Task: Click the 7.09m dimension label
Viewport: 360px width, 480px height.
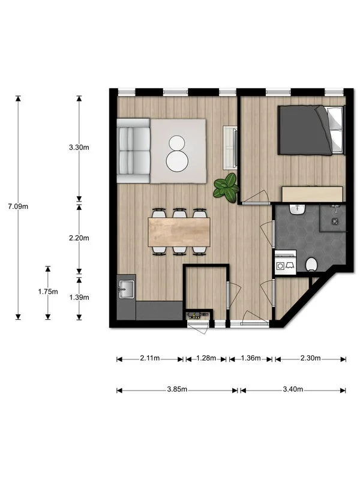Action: pos(18,206)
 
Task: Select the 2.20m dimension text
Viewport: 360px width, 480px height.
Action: pos(80,238)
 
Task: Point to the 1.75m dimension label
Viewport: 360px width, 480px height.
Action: pos(48,292)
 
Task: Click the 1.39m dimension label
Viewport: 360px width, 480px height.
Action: pos(80,297)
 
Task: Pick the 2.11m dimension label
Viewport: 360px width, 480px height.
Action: pos(149,359)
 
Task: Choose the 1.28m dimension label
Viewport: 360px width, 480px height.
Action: pos(206,359)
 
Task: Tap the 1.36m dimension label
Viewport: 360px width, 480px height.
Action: pos(251,359)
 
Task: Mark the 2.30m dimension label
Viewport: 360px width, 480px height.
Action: pos(310,359)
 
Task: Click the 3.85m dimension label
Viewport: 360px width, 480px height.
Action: pos(177,390)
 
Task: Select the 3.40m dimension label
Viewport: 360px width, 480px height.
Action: pos(293,390)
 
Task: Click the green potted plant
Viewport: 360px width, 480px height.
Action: pos(227,188)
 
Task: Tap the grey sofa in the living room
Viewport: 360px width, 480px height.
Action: pos(133,150)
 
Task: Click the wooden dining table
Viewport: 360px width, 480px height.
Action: pos(179,232)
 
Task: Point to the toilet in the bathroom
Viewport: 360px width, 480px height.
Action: pos(311,264)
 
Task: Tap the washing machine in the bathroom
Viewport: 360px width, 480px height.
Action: pos(284,263)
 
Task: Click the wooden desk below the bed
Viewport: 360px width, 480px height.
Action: pos(312,194)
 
